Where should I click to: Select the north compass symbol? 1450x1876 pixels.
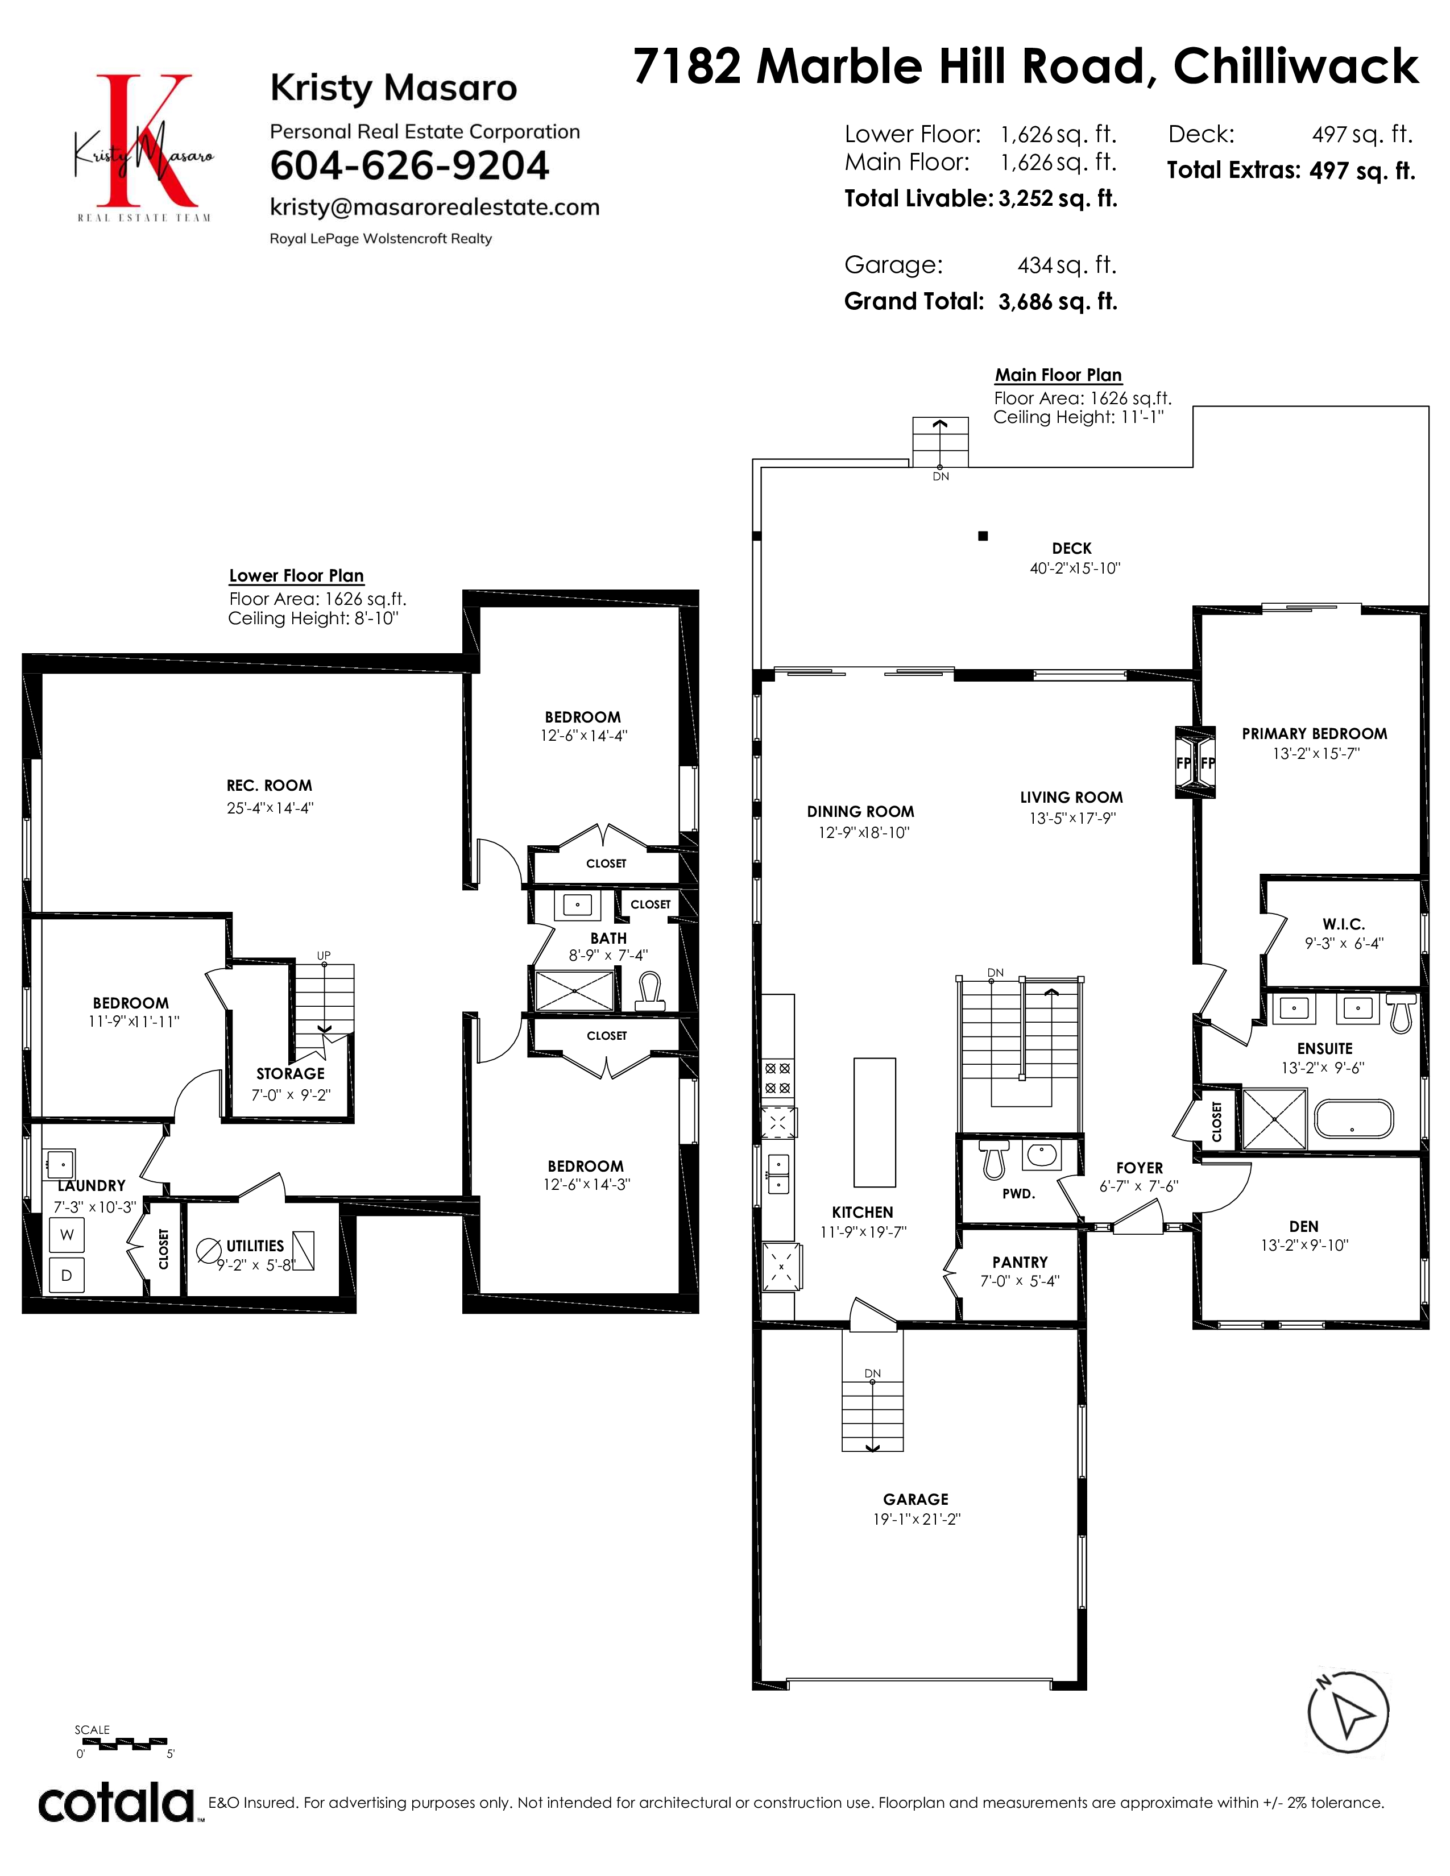[x=1348, y=1713]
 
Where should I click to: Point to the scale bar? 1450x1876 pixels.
[x=122, y=1743]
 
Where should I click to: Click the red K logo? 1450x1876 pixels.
[x=143, y=141]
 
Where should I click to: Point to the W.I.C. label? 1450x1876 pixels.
[x=1344, y=924]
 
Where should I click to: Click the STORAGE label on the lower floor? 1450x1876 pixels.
[x=291, y=1074]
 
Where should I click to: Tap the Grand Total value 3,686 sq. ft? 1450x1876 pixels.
[x=1058, y=301]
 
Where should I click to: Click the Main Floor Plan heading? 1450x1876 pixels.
[x=1058, y=375]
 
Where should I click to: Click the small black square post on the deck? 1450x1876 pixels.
[x=984, y=536]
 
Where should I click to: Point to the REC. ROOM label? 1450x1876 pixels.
[x=269, y=785]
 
